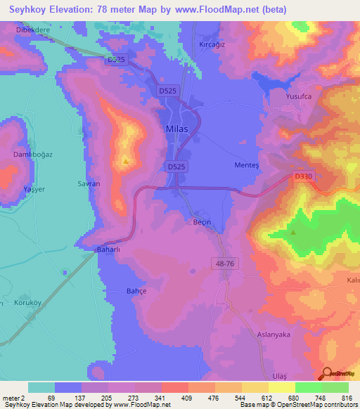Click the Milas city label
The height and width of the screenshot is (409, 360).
176,129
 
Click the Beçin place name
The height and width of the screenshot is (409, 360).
202,221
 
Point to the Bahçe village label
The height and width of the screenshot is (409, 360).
135,291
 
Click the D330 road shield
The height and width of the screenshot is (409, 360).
303,178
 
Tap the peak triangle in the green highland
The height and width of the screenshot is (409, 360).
293,231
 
